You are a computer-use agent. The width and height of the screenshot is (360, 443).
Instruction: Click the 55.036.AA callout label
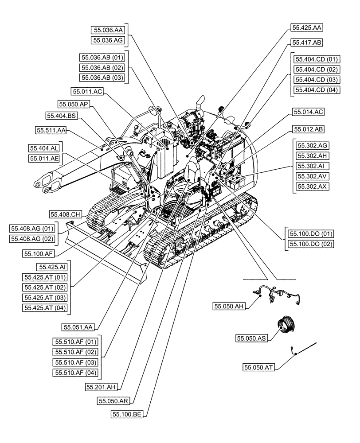coord(108,30)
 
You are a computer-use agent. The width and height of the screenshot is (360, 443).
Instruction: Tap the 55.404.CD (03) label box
coord(317,80)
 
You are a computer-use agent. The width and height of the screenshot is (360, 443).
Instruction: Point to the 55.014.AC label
coord(308,113)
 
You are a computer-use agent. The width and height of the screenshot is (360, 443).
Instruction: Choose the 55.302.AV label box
coord(312,176)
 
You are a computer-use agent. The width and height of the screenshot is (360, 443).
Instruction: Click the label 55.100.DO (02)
coord(311,244)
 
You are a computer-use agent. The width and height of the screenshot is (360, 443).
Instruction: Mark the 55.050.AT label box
coord(259,367)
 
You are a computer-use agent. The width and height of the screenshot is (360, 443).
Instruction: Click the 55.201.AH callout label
coord(102,387)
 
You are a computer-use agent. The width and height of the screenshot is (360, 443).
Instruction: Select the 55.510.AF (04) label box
coord(75,373)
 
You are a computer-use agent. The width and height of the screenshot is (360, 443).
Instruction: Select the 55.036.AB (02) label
coord(102,68)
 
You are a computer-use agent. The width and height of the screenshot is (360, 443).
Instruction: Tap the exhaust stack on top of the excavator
coord(199,103)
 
